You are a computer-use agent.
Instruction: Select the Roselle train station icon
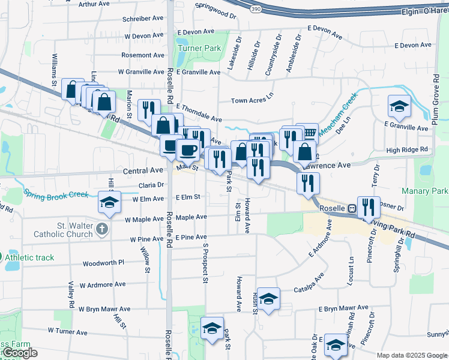coord(352,209)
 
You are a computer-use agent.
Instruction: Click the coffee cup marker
coord(188,149)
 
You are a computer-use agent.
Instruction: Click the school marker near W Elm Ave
coord(109,202)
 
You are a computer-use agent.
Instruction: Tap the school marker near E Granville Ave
coord(398,107)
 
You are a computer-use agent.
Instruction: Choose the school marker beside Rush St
coord(269,298)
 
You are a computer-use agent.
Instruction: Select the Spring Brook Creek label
coord(56,194)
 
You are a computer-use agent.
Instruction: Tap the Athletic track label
coord(31,258)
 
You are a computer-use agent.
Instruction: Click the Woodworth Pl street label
coord(103,263)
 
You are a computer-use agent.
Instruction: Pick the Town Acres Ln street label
coord(252,101)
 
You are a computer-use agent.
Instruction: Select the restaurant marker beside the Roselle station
coord(368,206)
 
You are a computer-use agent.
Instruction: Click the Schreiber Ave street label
coord(142,19)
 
